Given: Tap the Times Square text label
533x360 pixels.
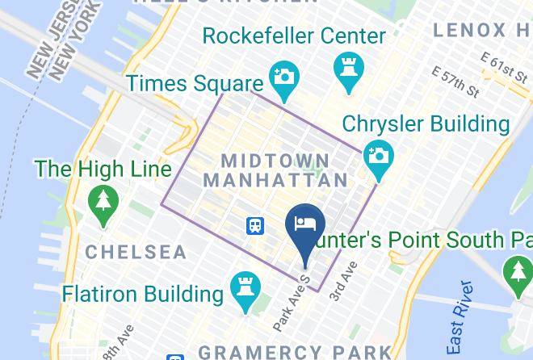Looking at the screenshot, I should [195, 83].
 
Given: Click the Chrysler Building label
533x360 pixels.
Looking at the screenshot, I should [426, 124].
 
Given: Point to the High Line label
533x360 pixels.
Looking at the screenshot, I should [103, 170].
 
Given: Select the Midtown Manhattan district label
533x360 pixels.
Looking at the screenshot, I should [276, 170].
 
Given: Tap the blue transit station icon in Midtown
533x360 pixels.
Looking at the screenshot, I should [255, 225].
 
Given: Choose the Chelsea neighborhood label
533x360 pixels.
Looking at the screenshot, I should [136, 252].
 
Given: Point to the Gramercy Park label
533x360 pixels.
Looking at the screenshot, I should [295, 352].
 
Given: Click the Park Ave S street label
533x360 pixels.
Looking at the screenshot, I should [292, 303].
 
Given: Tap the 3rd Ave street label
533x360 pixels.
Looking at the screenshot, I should [342, 283].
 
